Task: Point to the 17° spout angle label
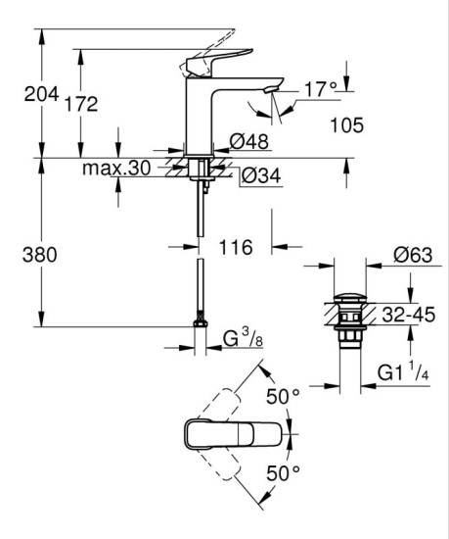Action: tap(318, 88)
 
